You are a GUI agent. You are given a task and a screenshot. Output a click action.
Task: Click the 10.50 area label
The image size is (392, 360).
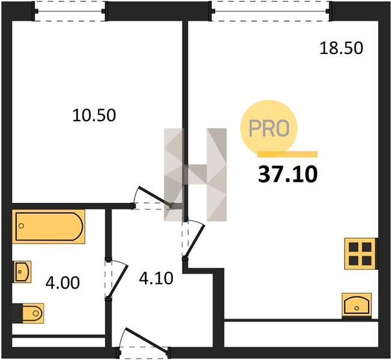(x=94, y=115)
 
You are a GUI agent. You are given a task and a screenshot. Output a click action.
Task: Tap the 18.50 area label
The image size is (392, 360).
(x=341, y=48)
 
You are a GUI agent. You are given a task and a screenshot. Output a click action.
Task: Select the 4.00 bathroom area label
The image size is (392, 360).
(x=63, y=283)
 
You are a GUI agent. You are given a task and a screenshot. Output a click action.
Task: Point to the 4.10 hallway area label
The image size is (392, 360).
(x=156, y=278)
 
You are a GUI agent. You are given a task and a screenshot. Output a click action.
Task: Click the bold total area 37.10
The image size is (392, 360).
(x=288, y=174)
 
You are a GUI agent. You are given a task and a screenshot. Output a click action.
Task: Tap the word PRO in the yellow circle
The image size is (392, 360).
(x=269, y=128)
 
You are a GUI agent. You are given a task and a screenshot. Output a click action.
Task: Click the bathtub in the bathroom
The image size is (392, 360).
(x=49, y=226)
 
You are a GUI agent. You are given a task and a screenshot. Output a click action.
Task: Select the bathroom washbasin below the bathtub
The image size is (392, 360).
(x=22, y=272)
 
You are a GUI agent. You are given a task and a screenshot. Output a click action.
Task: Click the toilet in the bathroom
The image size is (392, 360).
(x=33, y=313)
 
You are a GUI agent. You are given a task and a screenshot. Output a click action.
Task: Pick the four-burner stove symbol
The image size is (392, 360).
(x=360, y=254)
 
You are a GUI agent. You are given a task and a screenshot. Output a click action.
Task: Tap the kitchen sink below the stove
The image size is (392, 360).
(x=357, y=305)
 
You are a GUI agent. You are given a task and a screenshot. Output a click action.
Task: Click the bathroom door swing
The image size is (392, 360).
(x=117, y=279)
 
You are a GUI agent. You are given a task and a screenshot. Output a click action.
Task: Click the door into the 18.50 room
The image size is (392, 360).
(x=193, y=239)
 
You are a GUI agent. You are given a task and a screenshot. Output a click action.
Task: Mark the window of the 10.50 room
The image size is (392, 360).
(x=70, y=11)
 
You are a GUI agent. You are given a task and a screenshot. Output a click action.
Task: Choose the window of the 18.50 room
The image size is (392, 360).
(x=270, y=11)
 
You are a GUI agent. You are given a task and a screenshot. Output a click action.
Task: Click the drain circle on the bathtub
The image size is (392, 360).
(x=21, y=226)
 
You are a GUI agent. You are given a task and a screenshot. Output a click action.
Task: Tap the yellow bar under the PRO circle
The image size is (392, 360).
(x=288, y=154)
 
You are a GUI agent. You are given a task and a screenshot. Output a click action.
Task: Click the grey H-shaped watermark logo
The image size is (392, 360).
(x=195, y=175)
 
